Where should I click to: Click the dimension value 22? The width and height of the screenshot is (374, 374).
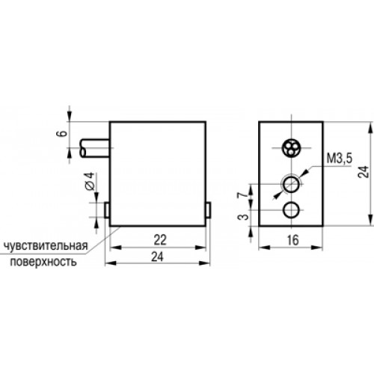[160, 239]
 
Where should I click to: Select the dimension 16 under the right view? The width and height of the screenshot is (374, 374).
[292, 240]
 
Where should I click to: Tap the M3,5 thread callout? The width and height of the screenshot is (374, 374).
[340, 159]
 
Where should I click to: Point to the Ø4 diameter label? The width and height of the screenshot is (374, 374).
[91, 181]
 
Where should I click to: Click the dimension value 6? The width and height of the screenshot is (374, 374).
[64, 133]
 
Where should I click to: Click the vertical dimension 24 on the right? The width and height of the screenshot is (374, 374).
[364, 171]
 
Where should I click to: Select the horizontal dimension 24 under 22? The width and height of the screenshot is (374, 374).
[158, 257]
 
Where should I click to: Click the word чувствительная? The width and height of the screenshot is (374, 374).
[46, 246]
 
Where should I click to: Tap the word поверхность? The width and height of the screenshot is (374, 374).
[43, 262]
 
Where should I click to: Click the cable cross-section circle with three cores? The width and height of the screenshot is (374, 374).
[291, 148]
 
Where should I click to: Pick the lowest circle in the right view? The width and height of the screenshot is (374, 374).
[291, 210]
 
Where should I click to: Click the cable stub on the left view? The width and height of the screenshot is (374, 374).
[94, 149]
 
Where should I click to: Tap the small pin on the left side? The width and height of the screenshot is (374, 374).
[107, 210]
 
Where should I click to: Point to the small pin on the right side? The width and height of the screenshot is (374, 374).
[209, 210]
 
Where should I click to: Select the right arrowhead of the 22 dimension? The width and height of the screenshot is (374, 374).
[200, 248]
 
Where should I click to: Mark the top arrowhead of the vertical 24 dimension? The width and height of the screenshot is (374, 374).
[370, 128]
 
